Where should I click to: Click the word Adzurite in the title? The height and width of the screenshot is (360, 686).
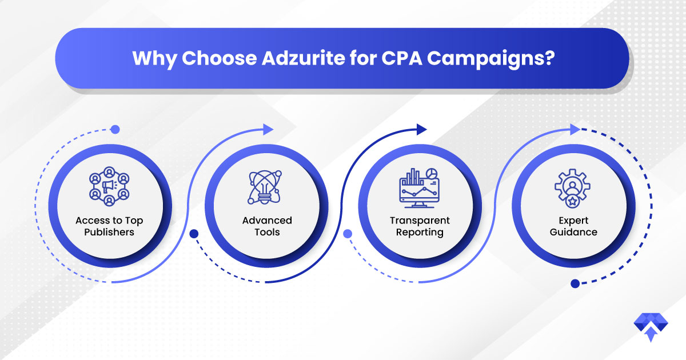[x=304, y=58]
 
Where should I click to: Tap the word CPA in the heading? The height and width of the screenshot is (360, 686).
[x=402, y=58]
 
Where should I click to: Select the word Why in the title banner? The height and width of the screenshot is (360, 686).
[x=154, y=59]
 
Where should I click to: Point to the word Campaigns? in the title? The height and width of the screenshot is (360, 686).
[x=491, y=59]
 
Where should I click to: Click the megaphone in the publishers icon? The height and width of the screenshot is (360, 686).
[x=109, y=186]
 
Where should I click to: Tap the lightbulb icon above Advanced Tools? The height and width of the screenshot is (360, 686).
[x=264, y=187]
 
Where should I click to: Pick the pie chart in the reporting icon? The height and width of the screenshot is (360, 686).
[x=432, y=173]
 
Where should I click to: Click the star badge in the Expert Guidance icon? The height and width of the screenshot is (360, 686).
[x=572, y=202]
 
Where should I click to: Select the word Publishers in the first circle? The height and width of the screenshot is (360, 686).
[x=109, y=232]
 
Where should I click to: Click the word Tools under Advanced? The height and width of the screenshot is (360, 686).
[x=267, y=232]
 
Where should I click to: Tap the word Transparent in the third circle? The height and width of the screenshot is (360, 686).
[x=420, y=221]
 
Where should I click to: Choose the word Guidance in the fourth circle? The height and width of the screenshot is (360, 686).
[x=573, y=232]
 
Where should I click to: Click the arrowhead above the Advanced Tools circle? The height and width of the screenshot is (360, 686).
[x=268, y=130]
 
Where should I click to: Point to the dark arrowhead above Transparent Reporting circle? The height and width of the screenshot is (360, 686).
[x=422, y=130]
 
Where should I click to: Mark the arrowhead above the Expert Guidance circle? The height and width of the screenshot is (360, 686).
[x=575, y=130]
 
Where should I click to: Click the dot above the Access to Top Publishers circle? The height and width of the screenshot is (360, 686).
[x=115, y=130]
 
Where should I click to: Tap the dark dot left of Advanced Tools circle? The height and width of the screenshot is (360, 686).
[x=194, y=234]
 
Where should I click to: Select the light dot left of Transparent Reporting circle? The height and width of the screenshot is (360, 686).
[x=348, y=234]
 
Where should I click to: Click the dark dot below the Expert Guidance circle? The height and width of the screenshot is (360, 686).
[x=575, y=284]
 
